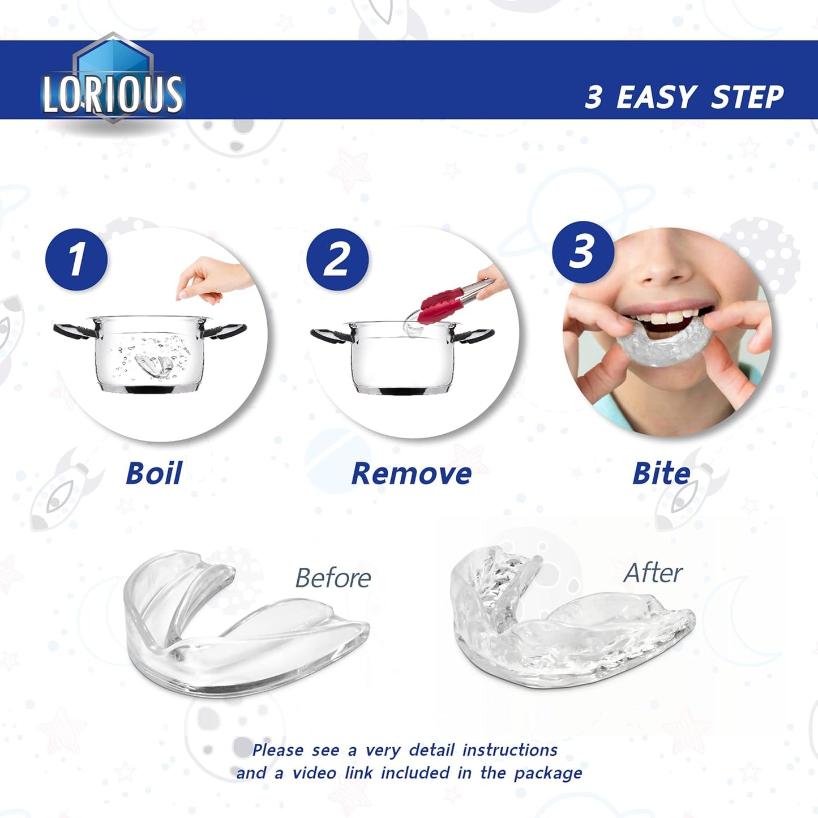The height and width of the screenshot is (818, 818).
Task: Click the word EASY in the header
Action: coord(656,97)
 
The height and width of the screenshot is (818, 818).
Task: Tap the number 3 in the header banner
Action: coord(593,97)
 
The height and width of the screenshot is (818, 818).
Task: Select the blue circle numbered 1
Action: coord(76,260)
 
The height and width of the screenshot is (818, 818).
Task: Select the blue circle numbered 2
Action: coord(337,260)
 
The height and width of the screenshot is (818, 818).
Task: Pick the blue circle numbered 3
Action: coord(583,252)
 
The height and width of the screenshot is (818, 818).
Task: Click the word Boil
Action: coord(153,473)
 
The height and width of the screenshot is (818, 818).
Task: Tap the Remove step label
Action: coord(411,473)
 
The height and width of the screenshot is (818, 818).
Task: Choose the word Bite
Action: coord(661,473)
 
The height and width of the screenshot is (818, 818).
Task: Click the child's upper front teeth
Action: coord(668,318)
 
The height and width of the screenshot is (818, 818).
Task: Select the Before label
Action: coord(333,578)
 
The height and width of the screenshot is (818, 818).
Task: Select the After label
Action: coord(653,573)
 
